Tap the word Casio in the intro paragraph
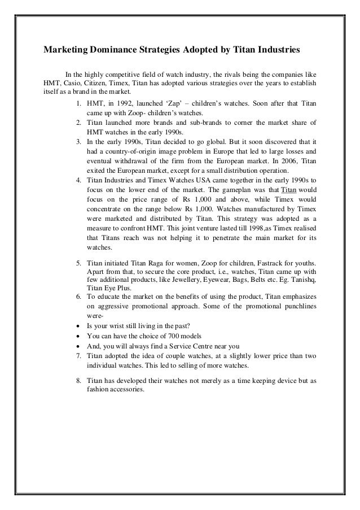pos(73,83)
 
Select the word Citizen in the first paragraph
pos(100,83)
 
